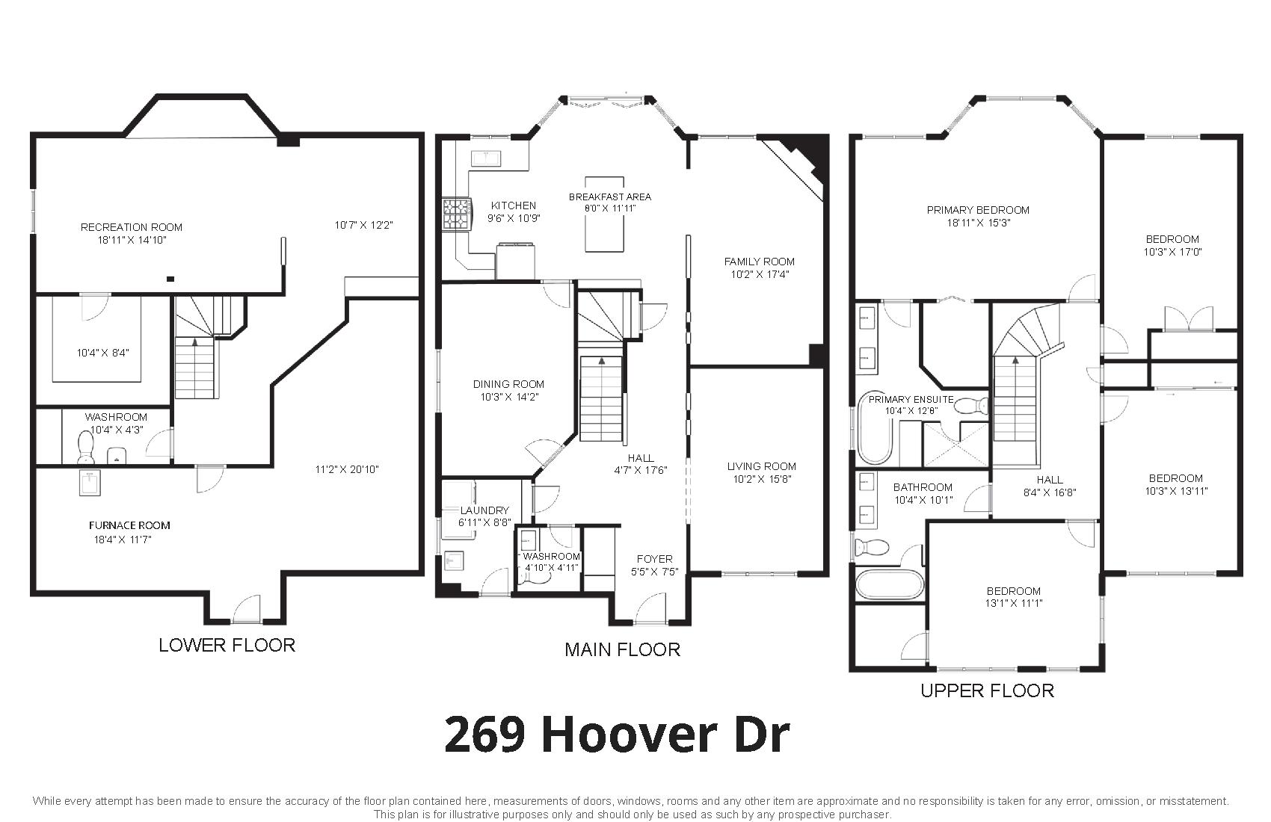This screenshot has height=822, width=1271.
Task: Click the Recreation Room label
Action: click(131, 227)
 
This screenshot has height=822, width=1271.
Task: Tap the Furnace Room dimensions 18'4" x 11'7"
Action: click(123, 539)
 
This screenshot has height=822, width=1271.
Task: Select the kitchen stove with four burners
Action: click(458, 214)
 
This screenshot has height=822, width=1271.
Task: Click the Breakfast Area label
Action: click(610, 197)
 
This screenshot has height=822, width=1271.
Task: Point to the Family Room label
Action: click(759, 262)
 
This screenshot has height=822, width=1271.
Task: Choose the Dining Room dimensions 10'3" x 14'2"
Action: click(509, 397)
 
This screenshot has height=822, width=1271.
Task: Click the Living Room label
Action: click(761, 466)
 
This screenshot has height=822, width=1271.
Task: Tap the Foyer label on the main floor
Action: click(655, 559)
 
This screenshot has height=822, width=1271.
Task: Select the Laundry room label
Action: click(484, 510)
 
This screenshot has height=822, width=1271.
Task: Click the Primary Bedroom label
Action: click(978, 210)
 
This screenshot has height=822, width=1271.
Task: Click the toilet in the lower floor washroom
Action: click(86, 447)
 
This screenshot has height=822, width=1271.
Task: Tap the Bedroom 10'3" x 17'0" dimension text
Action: click(1173, 251)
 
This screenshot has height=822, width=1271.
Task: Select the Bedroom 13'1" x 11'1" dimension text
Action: click(1013, 603)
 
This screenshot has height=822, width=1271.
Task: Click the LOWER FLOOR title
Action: click(227, 645)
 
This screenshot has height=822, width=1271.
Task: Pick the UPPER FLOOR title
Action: click(988, 690)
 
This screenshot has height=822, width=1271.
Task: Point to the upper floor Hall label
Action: click(1050, 480)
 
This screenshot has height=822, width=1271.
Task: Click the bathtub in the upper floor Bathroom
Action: click(889, 585)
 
